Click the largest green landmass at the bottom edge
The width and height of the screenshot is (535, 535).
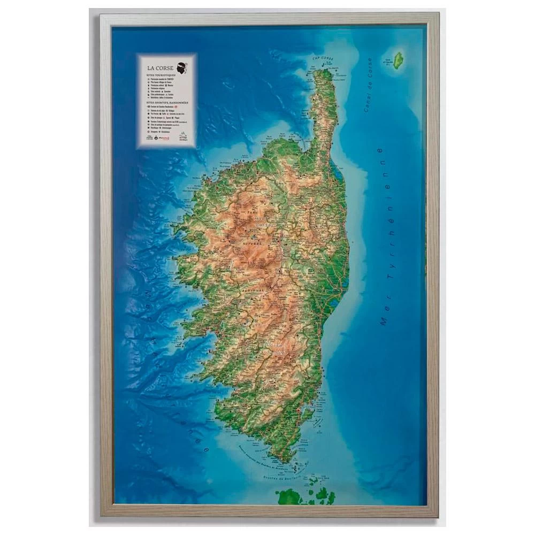pos(292,496)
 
